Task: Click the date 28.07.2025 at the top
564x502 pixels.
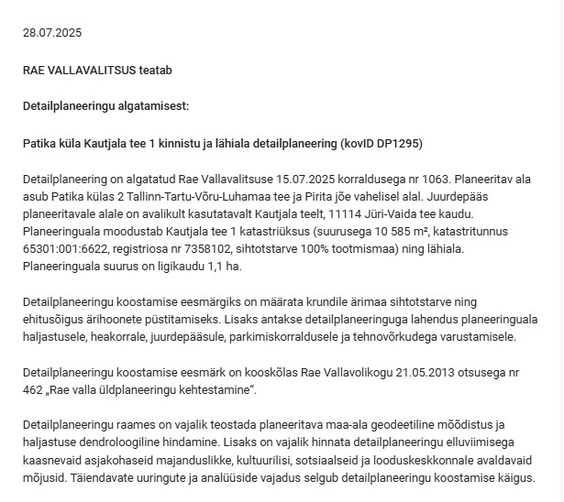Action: pos(52,33)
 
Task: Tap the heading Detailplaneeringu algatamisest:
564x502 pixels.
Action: pos(105,106)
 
